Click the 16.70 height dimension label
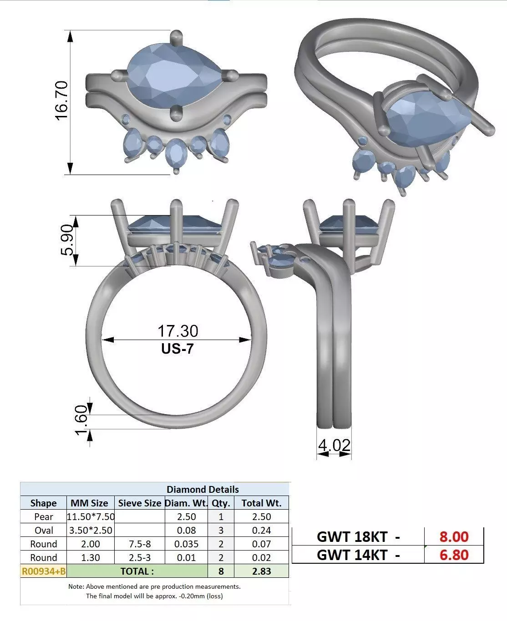pyautogui.click(x=61, y=100)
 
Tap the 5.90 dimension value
pyautogui.click(x=66, y=240)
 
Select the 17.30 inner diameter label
pyautogui.click(x=177, y=331)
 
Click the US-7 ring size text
pyautogui.click(x=177, y=349)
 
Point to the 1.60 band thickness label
pyautogui.click(x=81, y=420)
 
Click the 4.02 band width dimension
pyautogui.click(x=334, y=445)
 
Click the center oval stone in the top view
pyautogui.click(x=176, y=154)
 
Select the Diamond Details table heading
pyautogui.click(x=203, y=490)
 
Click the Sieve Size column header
pyautogui.click(x=139, y=503)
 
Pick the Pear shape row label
pyautogui.click(x=43, y=517)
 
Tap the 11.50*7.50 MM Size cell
pyautogui.click(x=91, y=517)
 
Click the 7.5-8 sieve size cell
pyautogui.click(x=139, y=544)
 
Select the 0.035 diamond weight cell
pyautogui.click(x=186, y=544)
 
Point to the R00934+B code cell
pyautogui.click(x=43, y=571)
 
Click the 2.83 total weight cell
pyautogui.click(x=262, y=571)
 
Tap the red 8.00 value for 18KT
pyautogui.click(x=453, y=537)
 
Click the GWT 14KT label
pyautogui.click(x=358, y=555)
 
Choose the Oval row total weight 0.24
pyautogui.click(x=262, y=531)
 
